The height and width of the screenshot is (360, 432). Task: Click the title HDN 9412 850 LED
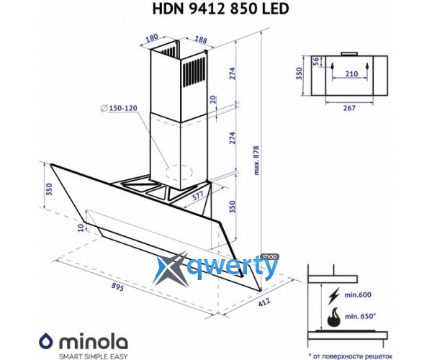pos(220,9)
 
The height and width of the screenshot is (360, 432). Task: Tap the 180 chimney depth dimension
pos(152,37)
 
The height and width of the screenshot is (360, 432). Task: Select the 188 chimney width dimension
pos(201,40)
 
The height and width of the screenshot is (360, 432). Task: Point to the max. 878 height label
pos(256,161)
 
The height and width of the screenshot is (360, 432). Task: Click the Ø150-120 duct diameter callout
pos(119,108)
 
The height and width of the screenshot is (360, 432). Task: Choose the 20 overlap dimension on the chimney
pos(213,99)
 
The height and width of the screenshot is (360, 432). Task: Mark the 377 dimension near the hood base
pos(197,196)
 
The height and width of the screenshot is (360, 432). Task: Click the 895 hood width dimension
pos(117,287)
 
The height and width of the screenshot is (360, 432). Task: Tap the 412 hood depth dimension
pos(264,302)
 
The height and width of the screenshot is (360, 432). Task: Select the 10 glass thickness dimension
pos(81,228)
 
